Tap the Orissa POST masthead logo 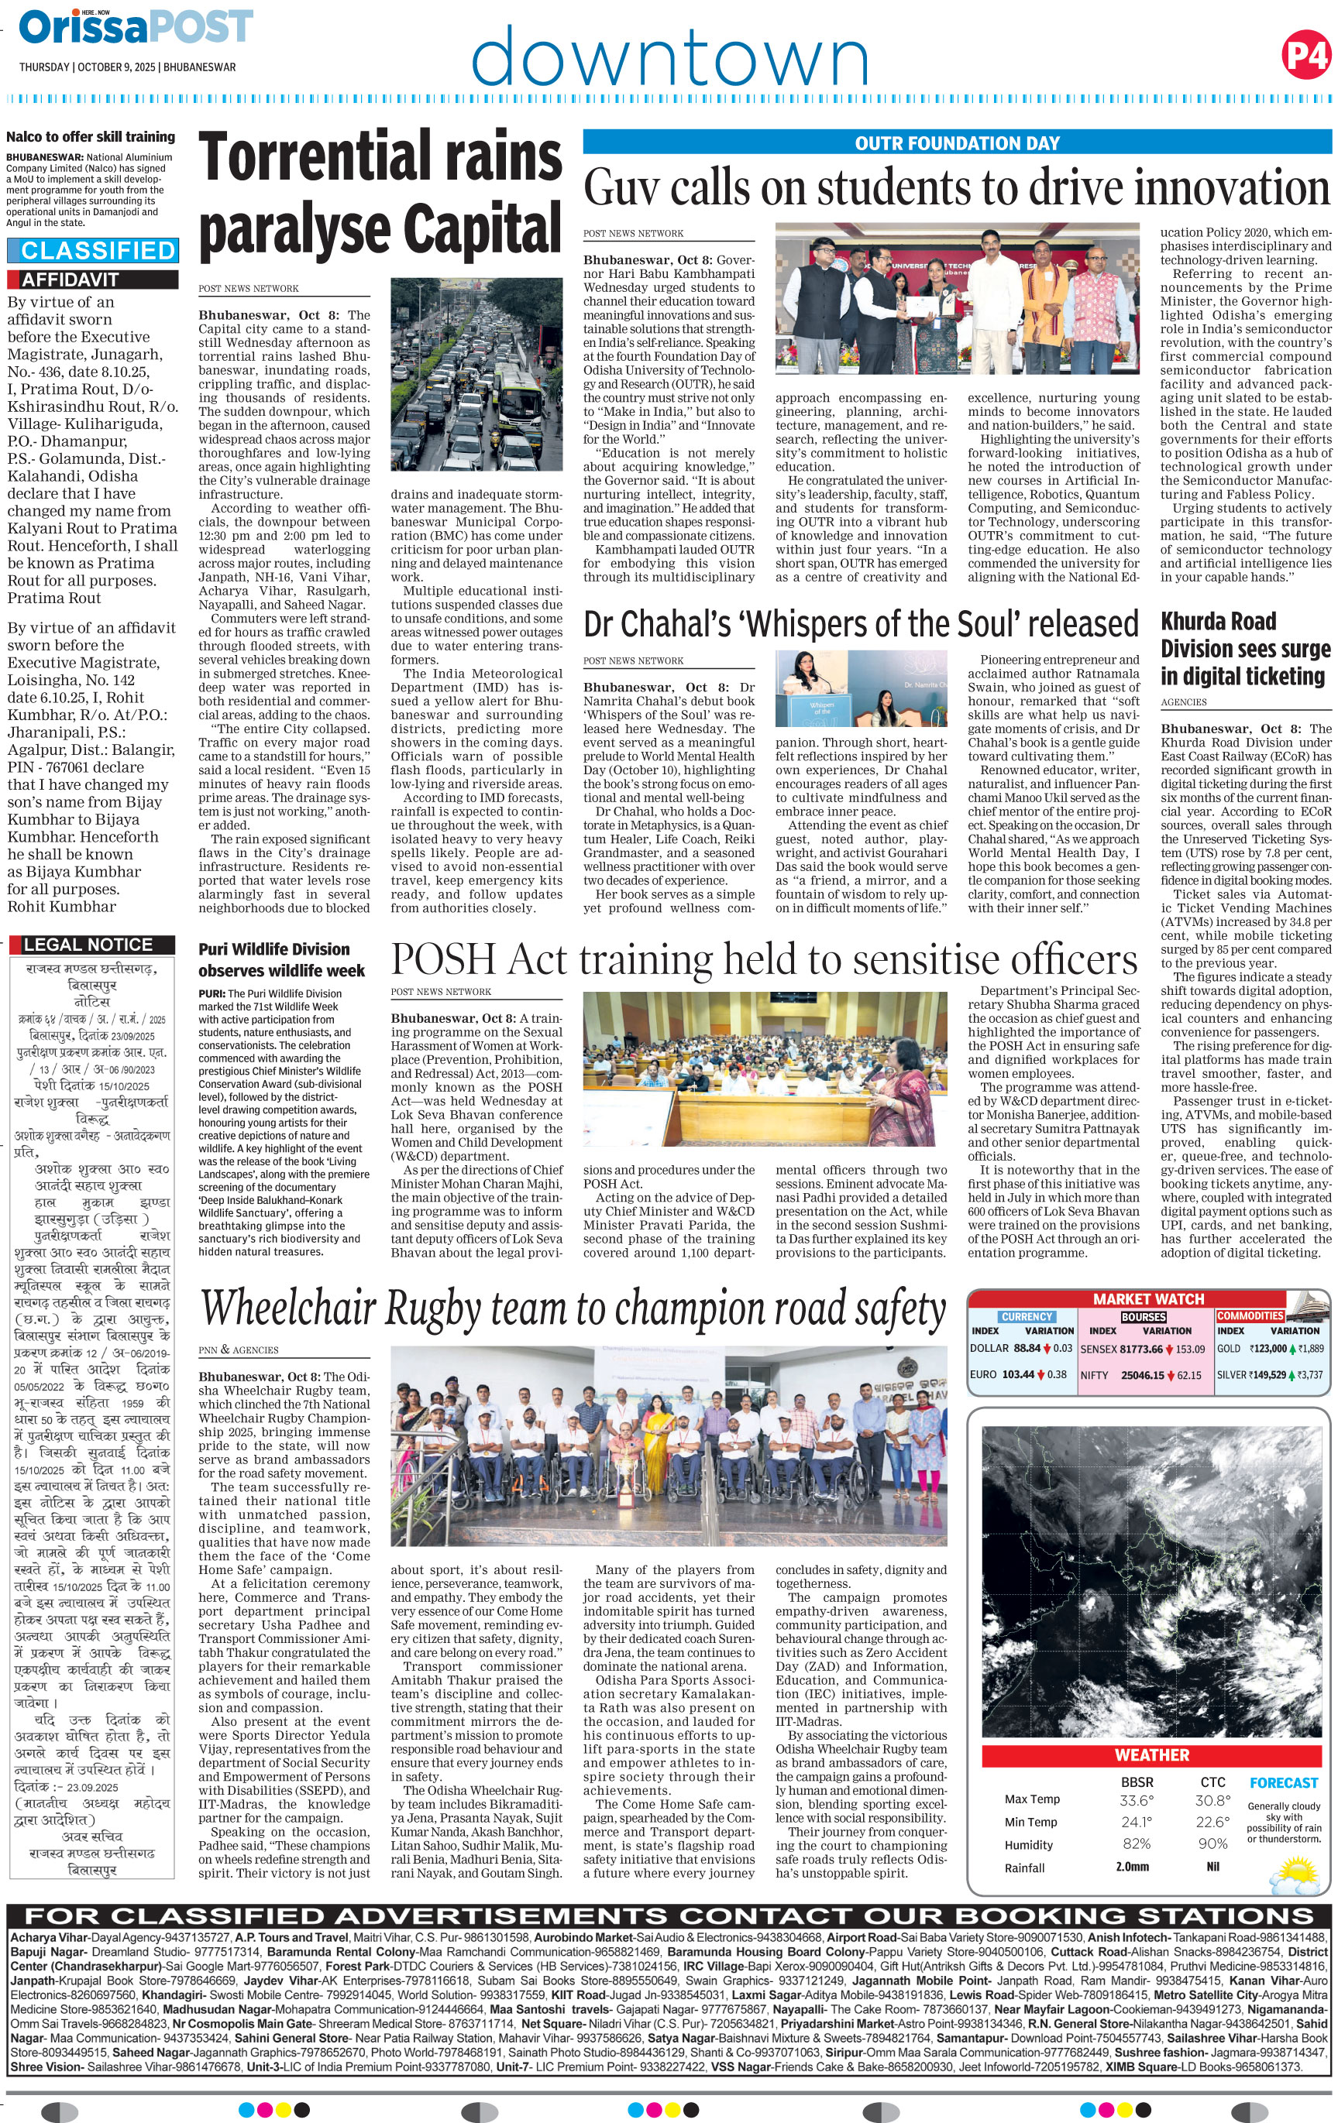136,27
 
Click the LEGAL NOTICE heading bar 88,945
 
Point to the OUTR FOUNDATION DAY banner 957,142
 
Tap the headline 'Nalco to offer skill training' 90,136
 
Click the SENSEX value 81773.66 1140,1349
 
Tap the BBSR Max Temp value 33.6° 1136,1800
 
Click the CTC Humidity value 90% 1212,1843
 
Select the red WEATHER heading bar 1151,1755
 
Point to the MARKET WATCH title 1148,1298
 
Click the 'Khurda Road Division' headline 1244,648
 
